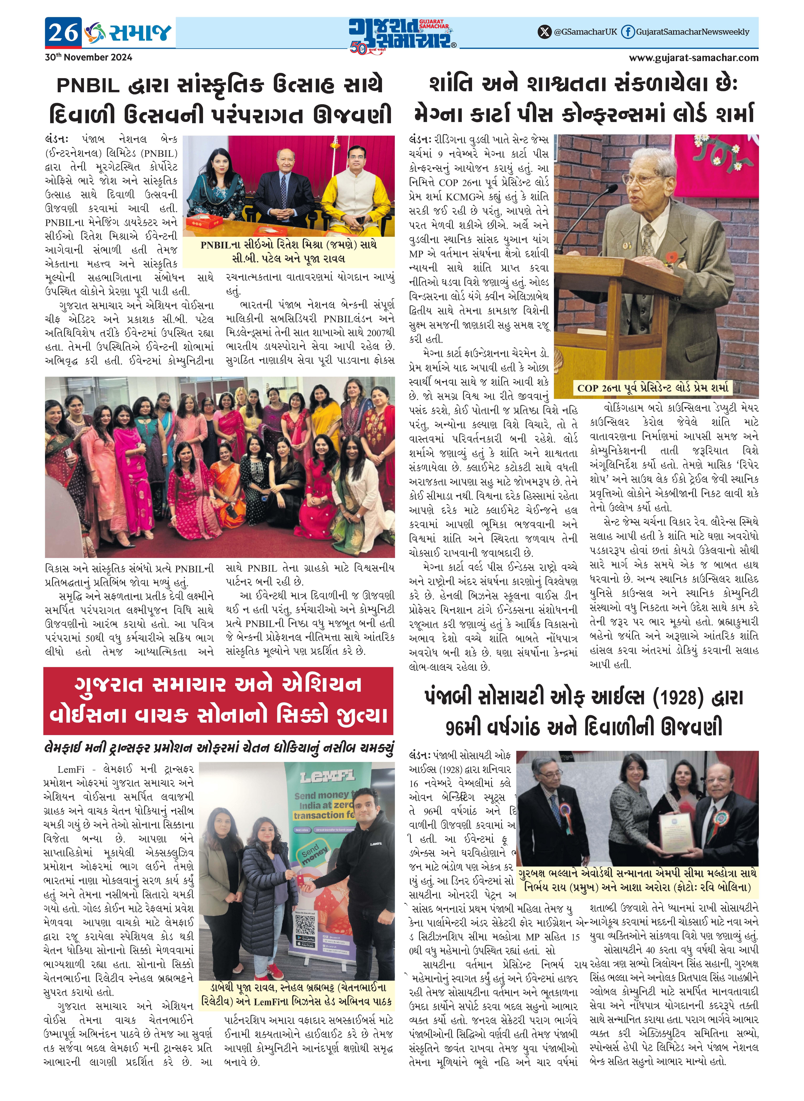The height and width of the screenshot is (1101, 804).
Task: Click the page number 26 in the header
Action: pos(63,33)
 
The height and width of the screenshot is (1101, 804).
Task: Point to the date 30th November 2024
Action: pos(89,57)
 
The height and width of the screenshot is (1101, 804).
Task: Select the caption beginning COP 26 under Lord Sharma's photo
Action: pos(652,388)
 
